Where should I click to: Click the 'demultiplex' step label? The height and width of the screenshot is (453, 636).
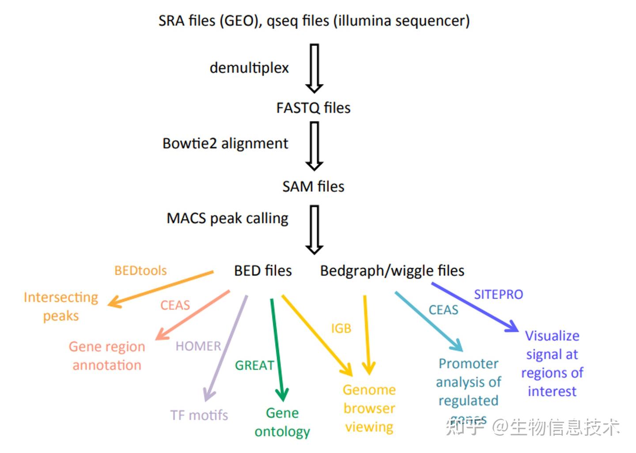click(249, 68)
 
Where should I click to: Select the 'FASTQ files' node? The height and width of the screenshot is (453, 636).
click(313, 108)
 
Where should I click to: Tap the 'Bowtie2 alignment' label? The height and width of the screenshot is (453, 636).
click(225, 144)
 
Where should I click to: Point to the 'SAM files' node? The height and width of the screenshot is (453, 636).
click(313, 187)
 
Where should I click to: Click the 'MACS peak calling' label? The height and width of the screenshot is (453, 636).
click(227, 218)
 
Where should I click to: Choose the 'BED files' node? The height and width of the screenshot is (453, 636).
click(263, 270)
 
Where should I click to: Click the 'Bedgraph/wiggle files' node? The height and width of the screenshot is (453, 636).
click(392, 270)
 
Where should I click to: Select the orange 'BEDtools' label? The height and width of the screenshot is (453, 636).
click(140, 270)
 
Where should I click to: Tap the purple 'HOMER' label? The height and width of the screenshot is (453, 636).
click(198, 346)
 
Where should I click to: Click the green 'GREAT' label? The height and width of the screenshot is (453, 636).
click(254, 365)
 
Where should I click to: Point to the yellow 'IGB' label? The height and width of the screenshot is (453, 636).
click(341, 328)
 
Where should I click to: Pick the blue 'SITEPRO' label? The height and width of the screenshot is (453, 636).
click(498, 294)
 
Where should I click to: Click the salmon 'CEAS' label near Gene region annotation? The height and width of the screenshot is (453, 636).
click(175, 305)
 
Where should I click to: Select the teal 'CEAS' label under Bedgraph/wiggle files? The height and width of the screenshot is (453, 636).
click(443, 310)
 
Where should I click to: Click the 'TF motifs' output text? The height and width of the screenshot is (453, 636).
click(199, 415)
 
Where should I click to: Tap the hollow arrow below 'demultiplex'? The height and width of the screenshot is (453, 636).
click(314, 68)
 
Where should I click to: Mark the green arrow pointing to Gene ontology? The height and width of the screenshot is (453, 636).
click(277, 348)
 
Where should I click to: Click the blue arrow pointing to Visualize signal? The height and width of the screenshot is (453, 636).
click(475, 307)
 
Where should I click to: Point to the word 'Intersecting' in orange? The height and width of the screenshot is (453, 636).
click(61, 297)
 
